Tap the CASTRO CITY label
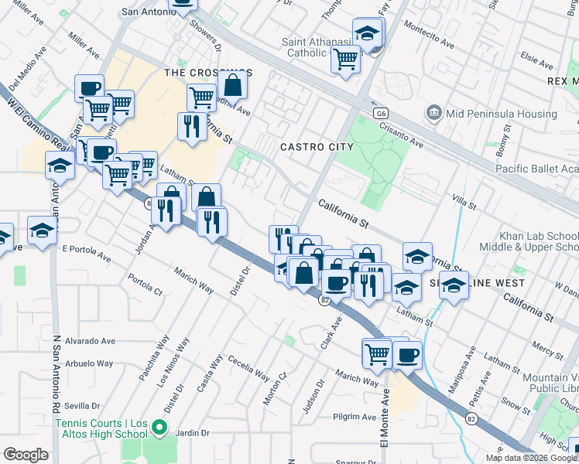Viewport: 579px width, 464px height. pyautogui.click(x=317, y=147)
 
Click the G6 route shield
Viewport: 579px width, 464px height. pyautogui.click(x=379, y=113)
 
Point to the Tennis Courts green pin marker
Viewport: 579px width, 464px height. pyautogui.click(x=159, y=427)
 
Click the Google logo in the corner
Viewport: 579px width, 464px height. pyautogui.click(x=26, y=455)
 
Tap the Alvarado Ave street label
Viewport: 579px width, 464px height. pyautogui.click(x=90, y=341)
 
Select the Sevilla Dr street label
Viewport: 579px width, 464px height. pyautogui.click(x=83, y=405)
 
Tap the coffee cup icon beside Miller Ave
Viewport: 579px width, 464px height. pyautogui.click(x=89, y=87)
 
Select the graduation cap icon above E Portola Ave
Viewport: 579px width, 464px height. pyautogui.click(x=42, y=230)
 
